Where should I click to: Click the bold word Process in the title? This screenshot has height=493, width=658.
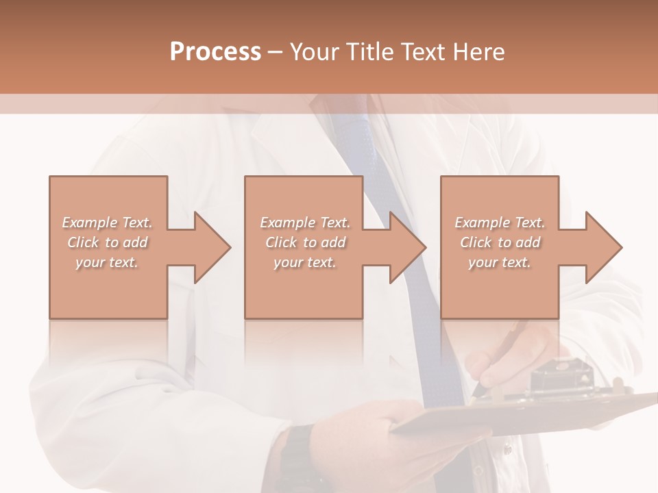click(215, 52)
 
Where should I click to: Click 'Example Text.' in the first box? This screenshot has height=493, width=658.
click(107, 223)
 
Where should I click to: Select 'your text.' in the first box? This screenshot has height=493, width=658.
click(107, 262)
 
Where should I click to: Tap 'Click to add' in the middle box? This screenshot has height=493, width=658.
click(305, 242)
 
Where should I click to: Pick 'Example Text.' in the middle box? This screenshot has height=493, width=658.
click(305, 223)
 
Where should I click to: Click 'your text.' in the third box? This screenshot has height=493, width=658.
click(500, 262)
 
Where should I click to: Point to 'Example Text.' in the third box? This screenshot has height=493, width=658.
click(500, 223)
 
